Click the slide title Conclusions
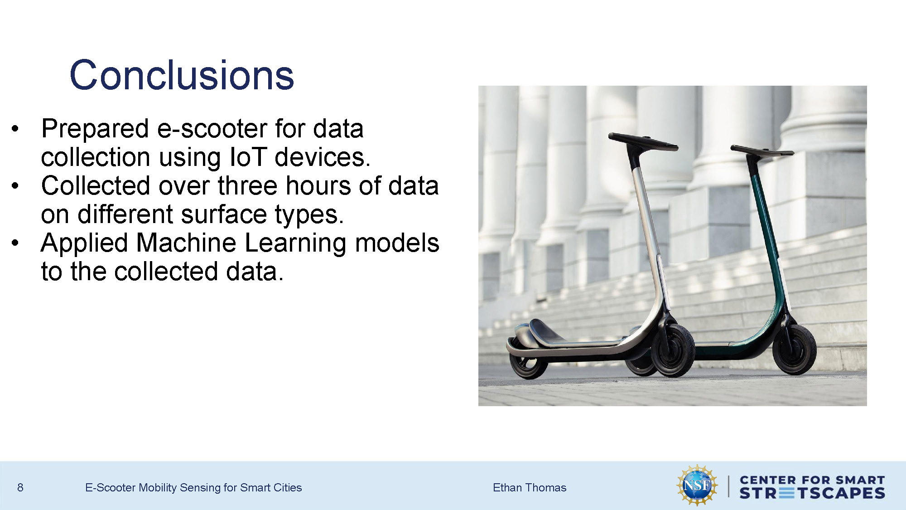point(182,75)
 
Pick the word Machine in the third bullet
point(186,243)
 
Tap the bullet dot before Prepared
point(15,129)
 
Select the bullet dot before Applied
point(15,243)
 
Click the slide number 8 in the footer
point(20,488)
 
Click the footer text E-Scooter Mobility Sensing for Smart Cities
point(193,488)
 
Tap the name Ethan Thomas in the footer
point(530,488)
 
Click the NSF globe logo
point(697,486)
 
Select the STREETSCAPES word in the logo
point(812,493)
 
